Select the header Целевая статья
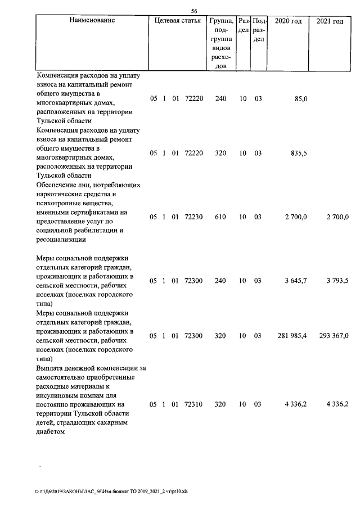[x=177, y=21]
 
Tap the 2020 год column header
[x=288, y=21]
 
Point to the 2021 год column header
[x=330, y=21]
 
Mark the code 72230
[x=193, y=217]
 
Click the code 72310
[x=193, y=404]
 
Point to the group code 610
[x=220, y=217]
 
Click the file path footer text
[x=111, y=492]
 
